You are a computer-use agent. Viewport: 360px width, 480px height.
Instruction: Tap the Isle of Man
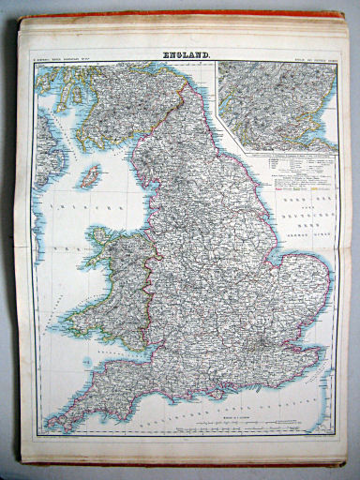91,175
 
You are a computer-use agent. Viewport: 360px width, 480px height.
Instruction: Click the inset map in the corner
277,105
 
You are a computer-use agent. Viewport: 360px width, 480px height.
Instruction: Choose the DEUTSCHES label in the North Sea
302,213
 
